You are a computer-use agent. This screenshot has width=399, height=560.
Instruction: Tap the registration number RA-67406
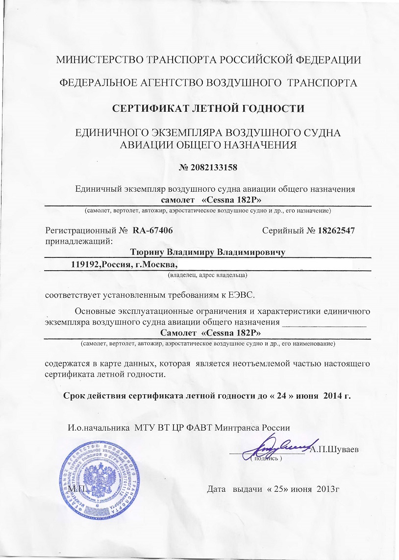pyautogui.click(x=152, y=230)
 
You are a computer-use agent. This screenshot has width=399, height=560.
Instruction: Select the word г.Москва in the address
pyautogui.click(x=156, y=264)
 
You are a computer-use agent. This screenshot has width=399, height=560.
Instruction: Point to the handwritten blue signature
pyautogui.click(x=282, y=446)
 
